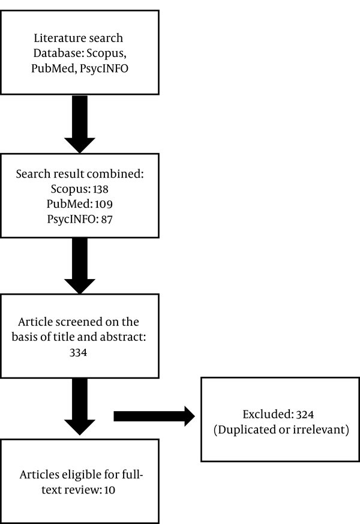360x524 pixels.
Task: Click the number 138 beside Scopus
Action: coord(101,189)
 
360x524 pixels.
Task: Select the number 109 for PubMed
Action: coord(104,204)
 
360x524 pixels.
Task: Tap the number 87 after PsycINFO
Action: coord(107,220)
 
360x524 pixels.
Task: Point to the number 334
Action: coord(78,352)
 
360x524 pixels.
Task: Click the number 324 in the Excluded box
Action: coord(305,414)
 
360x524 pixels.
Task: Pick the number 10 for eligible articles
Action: coord(110,490)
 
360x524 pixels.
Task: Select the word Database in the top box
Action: coord(58,53)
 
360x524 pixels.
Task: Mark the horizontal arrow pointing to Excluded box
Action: coord(154,416)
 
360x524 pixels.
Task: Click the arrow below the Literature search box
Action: coord(80,124)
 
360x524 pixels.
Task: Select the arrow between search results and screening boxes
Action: coord(80,266)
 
